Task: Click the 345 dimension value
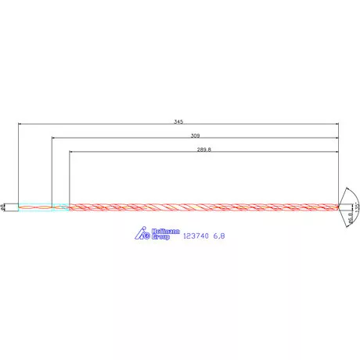tap(178, 121)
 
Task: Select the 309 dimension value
tap(195, 135)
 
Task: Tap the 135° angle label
tap(356, 207)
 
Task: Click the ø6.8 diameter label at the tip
tap(348, 222)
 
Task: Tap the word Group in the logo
tap(160, 236)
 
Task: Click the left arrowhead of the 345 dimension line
tap(20, 124)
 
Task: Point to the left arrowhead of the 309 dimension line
tap(53, 138)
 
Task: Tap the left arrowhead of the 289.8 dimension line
tap(71, 152)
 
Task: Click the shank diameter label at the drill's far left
tap(4, 207)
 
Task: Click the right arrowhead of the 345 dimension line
tap(337, 124)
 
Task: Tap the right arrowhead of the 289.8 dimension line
tap(337, 152)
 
